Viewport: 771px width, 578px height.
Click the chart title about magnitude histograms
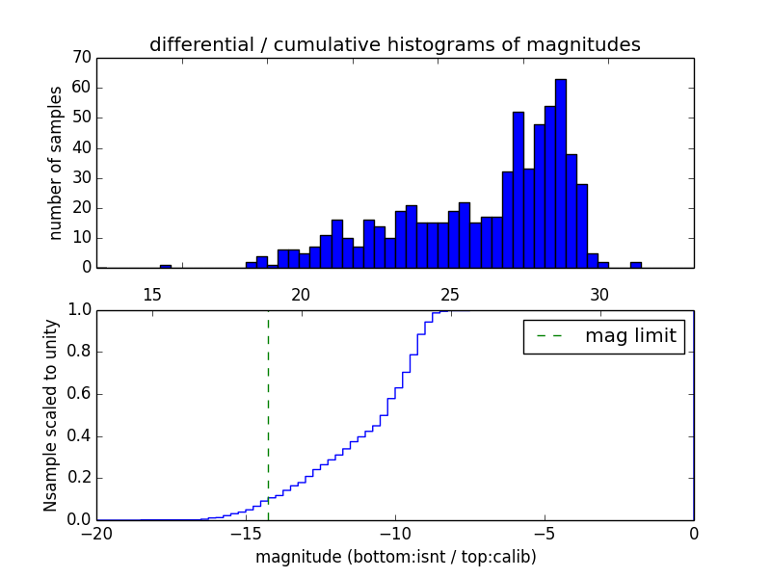click(x=394, y=44)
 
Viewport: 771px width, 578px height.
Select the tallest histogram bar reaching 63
click(x=561, y=173)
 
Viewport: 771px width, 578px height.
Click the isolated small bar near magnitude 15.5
click(x=166, y=265)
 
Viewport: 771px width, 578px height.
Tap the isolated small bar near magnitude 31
click(x=636, y=264)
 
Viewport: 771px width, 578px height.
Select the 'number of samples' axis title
click(x=56, y=162)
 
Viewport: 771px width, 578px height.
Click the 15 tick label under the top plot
click(x=151, y=293)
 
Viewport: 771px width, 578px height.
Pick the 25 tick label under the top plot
click(x=450, y=293)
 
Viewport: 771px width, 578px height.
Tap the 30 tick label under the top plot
click(x=599, y=293)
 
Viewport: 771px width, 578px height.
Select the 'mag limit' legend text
click(x=630, y=336)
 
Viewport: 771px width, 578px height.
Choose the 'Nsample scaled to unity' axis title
click(x=52, y=414)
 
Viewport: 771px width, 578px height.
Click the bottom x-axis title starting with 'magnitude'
click(x=395, y=557)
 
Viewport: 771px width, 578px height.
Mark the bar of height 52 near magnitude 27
click(x=518, y=190)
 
